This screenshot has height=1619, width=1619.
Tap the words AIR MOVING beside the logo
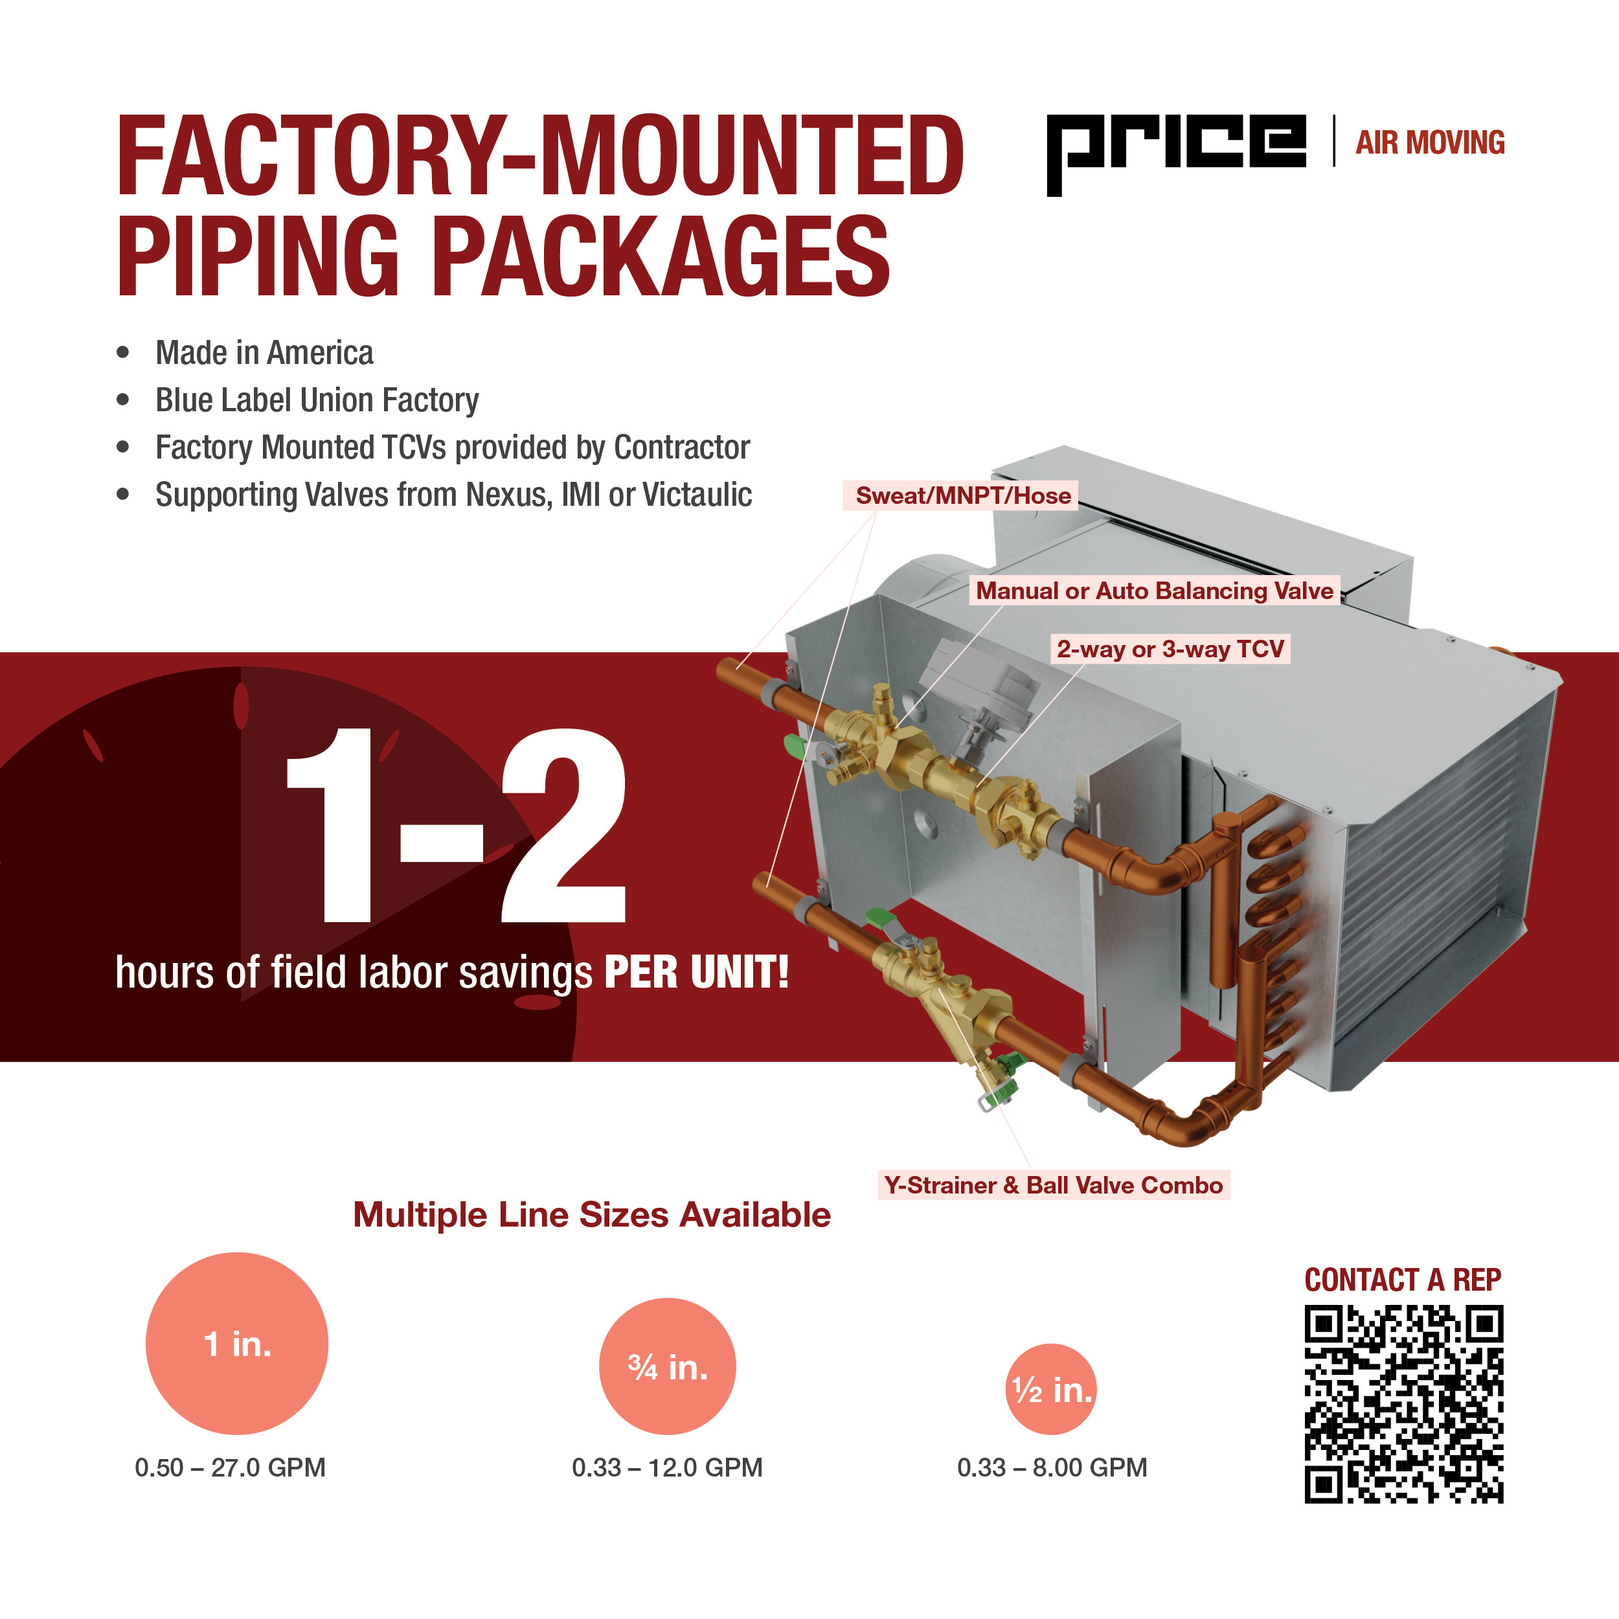1430,143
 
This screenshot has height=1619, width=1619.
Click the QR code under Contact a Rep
1403,1403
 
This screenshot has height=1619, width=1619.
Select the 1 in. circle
237,1343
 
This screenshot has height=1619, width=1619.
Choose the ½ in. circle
1051,1389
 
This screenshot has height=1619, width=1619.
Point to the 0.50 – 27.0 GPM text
230,1467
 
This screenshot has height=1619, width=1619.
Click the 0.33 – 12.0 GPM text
667,1467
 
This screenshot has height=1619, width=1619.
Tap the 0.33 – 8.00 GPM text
1052,1467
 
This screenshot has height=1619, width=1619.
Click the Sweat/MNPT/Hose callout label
963,495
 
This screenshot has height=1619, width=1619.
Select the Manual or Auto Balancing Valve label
1154,591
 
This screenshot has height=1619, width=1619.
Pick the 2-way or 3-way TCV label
1170,649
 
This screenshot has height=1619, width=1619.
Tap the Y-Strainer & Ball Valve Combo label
1054,1185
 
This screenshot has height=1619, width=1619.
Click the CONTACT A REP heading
1403,1280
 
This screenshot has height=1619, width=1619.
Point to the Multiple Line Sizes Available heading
592,1214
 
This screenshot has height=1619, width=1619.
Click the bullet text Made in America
265,353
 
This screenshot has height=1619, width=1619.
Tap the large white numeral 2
564,826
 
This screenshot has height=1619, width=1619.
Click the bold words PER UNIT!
696,972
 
